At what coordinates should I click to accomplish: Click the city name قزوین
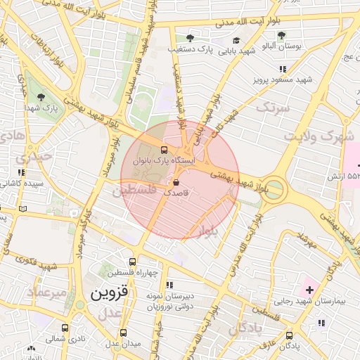(105, 293)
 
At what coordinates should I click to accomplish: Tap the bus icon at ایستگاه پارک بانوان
(165, 149)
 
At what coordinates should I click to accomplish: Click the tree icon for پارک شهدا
(39, 97)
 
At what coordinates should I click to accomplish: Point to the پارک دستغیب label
(190, 49)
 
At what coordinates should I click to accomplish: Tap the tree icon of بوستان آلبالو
(281, 35)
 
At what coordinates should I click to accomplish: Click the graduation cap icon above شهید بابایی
(236, 41)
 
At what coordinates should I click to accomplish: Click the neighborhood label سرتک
(272, 108)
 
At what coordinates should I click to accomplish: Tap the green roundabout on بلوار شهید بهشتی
(274, 189)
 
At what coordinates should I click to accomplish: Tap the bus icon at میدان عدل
(124, 333)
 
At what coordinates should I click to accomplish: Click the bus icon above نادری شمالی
(65, 328)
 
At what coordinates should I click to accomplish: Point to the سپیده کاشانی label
(22, 184)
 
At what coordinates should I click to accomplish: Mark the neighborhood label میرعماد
(47, 291)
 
